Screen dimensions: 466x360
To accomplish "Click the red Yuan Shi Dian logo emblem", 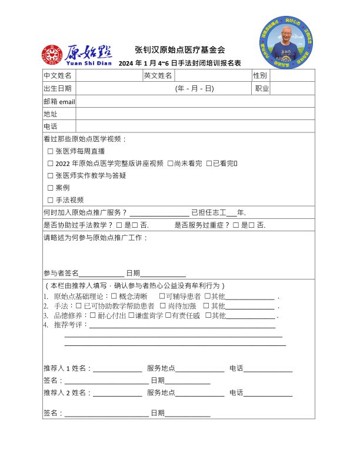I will click(52, 55).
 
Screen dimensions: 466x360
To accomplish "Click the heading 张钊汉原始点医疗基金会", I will click(180, 50).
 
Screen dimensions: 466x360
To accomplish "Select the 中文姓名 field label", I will click(58, 76).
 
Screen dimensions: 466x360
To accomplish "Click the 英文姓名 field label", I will click(158, 76).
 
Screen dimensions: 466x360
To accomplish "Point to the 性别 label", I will click(260, 76).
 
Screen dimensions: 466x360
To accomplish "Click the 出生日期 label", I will click(58, 89).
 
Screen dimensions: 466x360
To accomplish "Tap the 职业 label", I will click(262, 89).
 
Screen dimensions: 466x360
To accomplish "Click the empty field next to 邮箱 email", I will click(195, 101).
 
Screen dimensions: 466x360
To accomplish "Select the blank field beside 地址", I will click(195, 114).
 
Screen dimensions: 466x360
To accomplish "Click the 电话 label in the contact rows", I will click(51, 127).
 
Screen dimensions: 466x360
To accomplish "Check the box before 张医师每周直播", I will click(50, 151).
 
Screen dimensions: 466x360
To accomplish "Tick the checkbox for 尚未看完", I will click(170, 164).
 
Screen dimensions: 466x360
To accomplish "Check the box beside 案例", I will click(50, 188).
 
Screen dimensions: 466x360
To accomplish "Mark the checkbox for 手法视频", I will click(50, 200).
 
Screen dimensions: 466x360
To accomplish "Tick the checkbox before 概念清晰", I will click(114, 296).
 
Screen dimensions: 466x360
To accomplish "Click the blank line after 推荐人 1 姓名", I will click(117, 369).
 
